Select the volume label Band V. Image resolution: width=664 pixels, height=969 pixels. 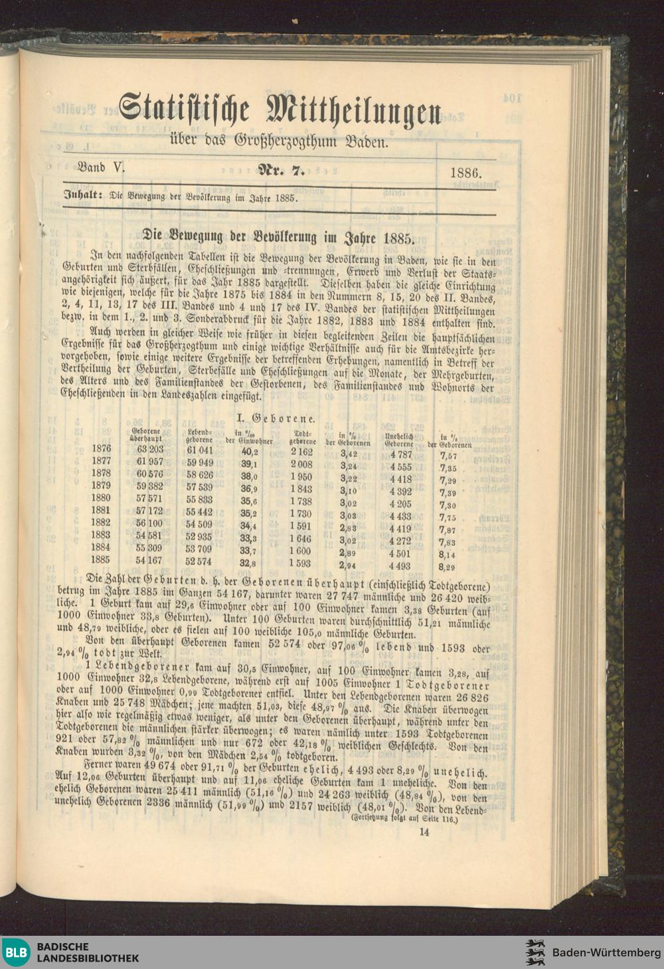[x=101, y=168]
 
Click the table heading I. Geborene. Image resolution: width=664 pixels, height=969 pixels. [x=276, y=418]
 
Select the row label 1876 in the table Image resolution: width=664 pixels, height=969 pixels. [x=102, y=449]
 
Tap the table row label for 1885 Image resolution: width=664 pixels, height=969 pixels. [x=102, y=560]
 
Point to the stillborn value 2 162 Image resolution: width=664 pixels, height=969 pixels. [x=301, y=452]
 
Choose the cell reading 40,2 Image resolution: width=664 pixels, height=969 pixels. [x=249, y=451]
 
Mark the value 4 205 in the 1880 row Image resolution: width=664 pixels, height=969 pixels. [x=400, y=503]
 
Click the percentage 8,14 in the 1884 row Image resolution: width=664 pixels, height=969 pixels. [x=448, y=555]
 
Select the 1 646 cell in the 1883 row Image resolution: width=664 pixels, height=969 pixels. [x=300, y=539]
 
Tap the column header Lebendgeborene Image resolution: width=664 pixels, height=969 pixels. [x=199, y=436]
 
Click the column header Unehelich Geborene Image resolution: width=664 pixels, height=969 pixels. [x=399, y=440]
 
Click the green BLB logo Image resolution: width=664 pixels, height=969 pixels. [x=16, y=952]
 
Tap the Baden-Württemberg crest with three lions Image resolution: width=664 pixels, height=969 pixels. [x=536, y=952]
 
